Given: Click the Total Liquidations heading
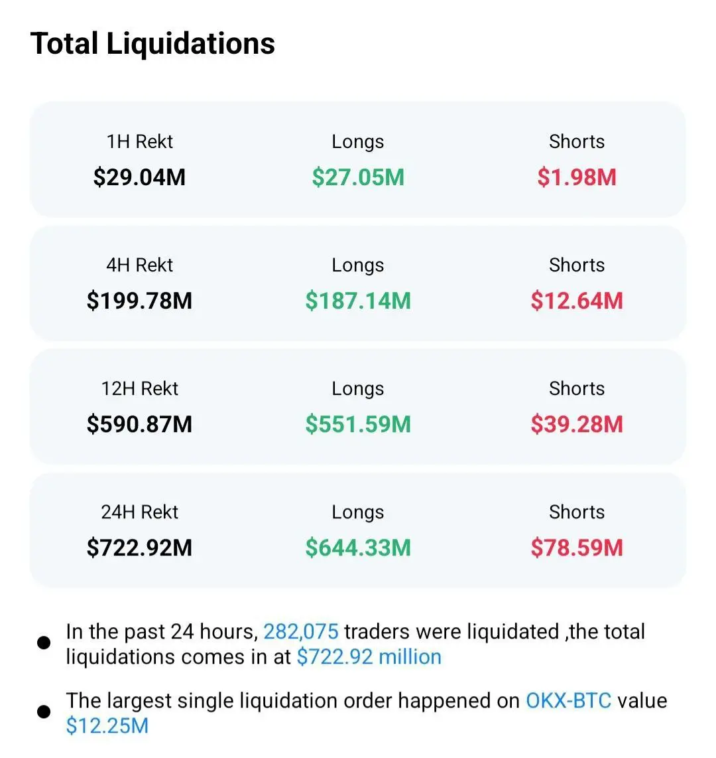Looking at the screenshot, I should pos(152,44).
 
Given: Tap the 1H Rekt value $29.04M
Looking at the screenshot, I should pos(139,177).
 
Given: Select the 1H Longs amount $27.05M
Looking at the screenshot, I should pos(358,177).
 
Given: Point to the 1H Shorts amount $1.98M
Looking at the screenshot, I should pos(577,177).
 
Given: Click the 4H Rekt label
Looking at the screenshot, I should pos(139,265).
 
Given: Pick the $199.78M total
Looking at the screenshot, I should pos(139,301).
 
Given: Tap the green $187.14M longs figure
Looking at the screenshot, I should pos(358,301).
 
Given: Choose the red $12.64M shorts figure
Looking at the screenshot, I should pos(577,301).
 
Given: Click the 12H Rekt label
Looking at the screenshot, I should pos(139,388).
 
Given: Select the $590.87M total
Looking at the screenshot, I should pos(139,424).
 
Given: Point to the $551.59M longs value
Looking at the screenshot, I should pos(358,424).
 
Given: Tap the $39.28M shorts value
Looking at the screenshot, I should pos(577,424).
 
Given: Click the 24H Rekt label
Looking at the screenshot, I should pos(139,512).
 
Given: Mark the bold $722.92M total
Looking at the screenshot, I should pos(139,548).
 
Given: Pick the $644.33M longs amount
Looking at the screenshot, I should pos(358,548).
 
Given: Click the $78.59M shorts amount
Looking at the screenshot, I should pos(577,548).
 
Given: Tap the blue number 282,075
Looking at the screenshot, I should pos(301,631).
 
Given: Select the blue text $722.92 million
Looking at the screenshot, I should pos(369,656).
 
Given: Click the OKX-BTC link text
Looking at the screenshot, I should pos(568,700).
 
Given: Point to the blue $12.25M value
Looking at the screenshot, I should pos(107,725).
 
